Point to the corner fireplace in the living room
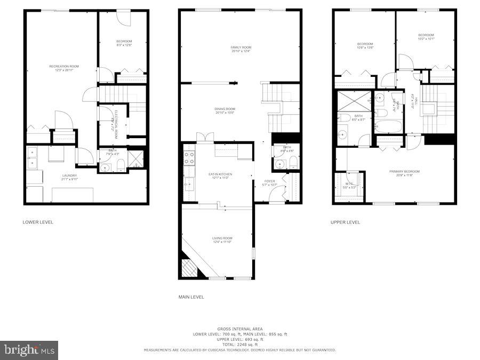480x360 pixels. coord(189,267)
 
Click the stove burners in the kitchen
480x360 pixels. coord(189,157)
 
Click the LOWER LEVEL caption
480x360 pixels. coord(38,222)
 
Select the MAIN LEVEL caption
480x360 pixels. coord(191,297)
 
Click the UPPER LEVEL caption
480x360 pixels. coord(345,222)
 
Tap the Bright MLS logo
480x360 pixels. coord(29,350)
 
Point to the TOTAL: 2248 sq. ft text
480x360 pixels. coord(240,345)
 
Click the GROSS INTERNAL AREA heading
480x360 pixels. coord(240,329)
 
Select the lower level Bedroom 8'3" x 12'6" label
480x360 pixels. coord(124,43)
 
